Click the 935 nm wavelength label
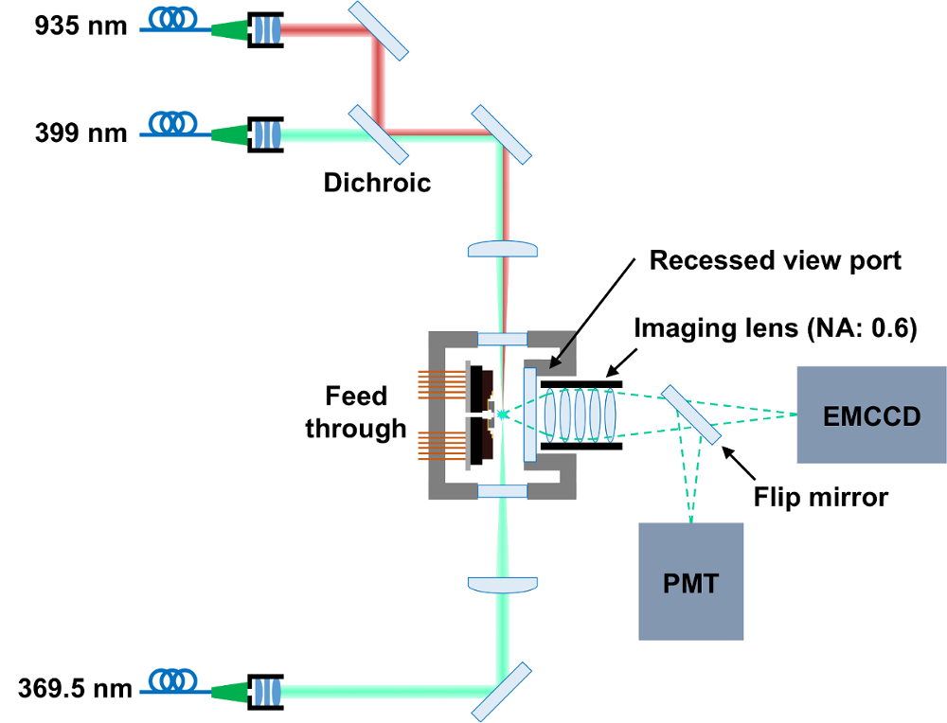pos(80,26)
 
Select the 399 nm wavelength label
pos(80,132)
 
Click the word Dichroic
pos(377,182)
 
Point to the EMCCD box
pos(871,414)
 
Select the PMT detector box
pos(690,581)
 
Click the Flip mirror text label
pos(820,496)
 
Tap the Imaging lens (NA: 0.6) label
pos(776,329)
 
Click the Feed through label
pos(354,412)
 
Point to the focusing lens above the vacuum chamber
pos(504,248)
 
